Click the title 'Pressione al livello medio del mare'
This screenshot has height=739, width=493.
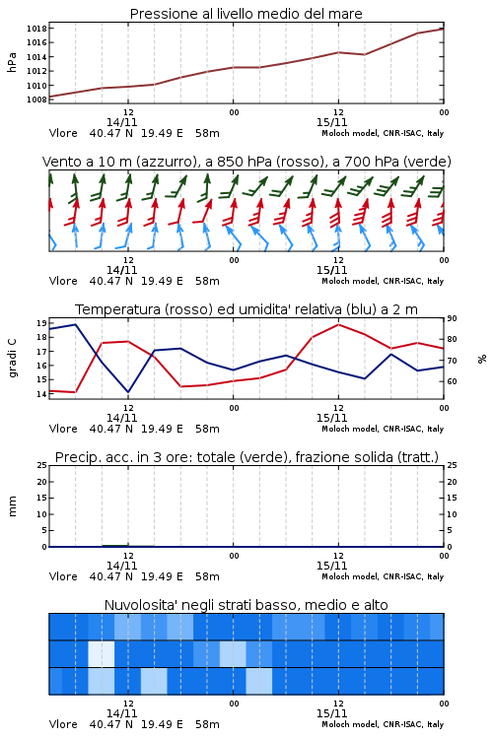[x=246, y=14]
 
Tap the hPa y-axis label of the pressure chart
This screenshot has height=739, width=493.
[x=12, y=63]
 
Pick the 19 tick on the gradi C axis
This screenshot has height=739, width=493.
[x=41, y=323]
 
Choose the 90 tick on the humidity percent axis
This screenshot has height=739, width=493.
[x=452, y=318]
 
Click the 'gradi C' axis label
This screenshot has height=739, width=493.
[x=13, y=359]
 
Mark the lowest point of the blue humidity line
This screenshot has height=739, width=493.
[x=128, y=391]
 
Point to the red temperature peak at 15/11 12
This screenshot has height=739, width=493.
[x=338, y=324]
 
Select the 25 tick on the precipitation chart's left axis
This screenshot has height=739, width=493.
[x=42, y=466]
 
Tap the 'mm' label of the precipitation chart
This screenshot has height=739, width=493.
[x=12, y=506]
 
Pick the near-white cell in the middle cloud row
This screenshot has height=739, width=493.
[x=102, y=653]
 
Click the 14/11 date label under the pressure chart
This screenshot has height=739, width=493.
[x=121, y=122]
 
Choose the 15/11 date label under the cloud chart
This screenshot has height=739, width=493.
[x=331, y=713]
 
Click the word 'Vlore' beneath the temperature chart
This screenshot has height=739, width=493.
[x=63, y=429]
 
